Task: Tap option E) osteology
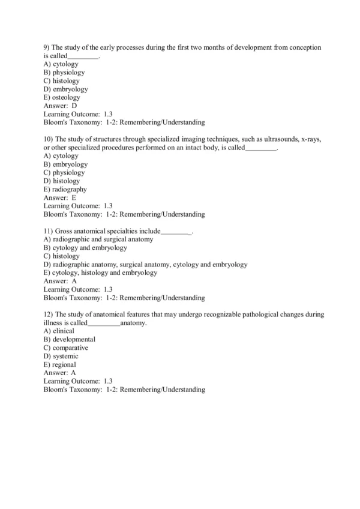coord(62,97)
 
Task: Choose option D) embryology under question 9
coord(65,89)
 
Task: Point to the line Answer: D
coord(61,106)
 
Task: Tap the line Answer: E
coord(60,197)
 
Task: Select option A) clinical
coord(59,331)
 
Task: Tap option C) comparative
coord(66,348)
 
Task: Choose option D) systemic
coord(61,356)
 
